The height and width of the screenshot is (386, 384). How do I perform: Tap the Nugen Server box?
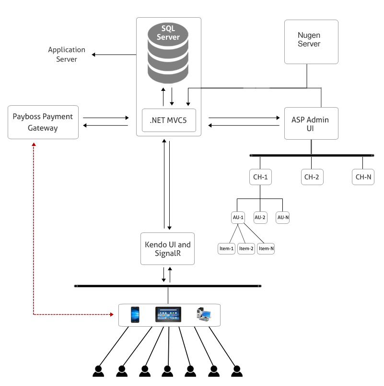[311, 42]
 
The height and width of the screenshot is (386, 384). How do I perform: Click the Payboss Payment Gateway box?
[43, 122]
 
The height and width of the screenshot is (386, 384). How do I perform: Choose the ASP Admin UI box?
[311, 123]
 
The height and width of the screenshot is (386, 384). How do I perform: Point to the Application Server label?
[67, 55]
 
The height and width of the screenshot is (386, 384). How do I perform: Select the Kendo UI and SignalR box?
[167, 249]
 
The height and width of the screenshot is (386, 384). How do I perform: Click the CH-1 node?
[260, 177]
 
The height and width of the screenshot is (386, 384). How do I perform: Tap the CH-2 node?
[311, 177]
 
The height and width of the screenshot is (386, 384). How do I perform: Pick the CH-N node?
[362, 177]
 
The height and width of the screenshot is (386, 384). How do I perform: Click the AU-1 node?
[238, 218]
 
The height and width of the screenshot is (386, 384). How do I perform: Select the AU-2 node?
[260, 218]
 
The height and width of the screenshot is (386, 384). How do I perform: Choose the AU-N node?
[283, 218]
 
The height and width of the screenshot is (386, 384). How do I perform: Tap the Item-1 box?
[226, 249]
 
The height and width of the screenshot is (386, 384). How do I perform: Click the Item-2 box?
[246, 249]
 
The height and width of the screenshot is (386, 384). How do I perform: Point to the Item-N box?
[266, 249]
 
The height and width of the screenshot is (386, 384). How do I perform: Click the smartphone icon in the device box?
[135, 315]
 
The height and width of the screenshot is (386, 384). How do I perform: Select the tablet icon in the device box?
[168, 314]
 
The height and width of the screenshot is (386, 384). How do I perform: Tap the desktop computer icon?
[204, 314]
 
